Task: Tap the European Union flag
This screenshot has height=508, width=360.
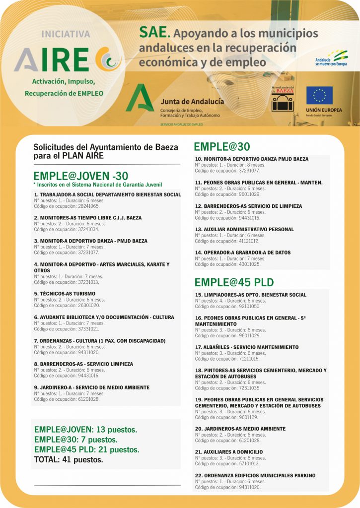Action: point(319,95)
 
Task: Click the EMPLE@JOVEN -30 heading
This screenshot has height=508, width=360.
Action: point(80,176)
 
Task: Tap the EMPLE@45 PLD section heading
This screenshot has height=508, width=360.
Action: point(234,282)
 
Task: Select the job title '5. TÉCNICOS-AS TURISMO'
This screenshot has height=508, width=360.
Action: point(65,293)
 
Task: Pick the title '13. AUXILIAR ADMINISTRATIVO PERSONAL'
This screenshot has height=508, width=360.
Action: point(244,229)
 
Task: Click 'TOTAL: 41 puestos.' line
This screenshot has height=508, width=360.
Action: point(69,459)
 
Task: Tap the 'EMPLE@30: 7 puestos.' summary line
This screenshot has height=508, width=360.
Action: point(75,440)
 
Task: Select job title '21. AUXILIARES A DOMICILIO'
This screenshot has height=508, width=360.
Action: point(229,452)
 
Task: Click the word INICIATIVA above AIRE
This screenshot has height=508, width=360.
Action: point(66,35)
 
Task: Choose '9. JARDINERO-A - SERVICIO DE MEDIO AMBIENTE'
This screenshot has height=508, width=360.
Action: point(91,387)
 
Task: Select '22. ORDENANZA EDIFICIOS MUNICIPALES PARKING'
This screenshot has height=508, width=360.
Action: point(255,475)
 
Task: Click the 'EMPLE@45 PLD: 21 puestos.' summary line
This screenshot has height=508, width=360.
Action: point(86,449)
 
